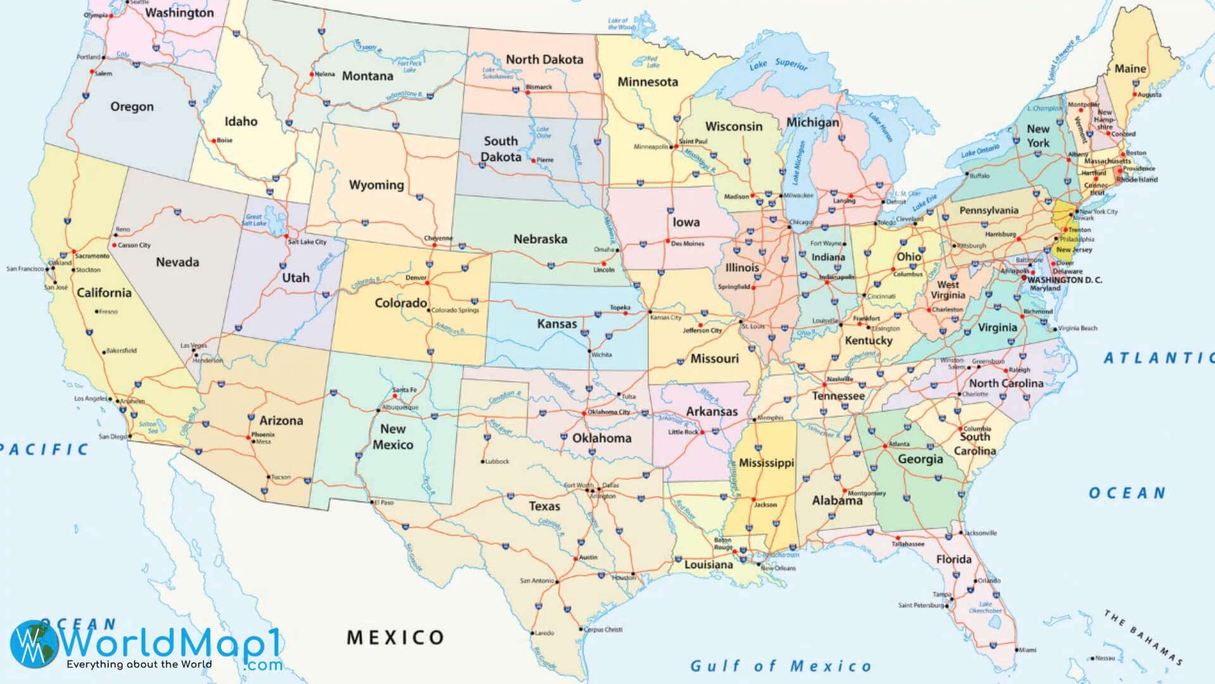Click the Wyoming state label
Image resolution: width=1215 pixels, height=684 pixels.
tap(376, 185)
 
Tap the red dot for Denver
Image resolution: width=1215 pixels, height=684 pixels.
tap(428, 283)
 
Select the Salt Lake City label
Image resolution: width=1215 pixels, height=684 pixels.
tap(307, 242)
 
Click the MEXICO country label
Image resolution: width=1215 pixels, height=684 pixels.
tap(396, 637)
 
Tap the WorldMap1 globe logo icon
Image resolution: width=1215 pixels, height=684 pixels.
tap(34, 643)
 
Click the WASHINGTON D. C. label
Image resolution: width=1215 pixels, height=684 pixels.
tap(1064, 279)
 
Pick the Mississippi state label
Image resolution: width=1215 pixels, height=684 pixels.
tap(766, 463)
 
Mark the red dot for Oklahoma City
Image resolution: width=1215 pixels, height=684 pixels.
tap(583, 414)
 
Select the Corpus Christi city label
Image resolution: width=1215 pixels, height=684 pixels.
tap(603, 630)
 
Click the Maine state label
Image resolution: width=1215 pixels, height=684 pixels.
tap(1130, 68)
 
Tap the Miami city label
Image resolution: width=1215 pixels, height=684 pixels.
tap(1027, 650)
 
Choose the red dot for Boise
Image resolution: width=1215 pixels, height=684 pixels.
tap(213, 141)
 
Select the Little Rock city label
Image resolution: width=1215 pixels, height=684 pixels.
tap(683, 432)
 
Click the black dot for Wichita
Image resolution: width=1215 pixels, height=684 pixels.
tap(589, 351)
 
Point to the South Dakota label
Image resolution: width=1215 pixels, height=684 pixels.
tap(501, 149)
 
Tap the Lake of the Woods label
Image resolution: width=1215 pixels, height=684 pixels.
tap(621, 24)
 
